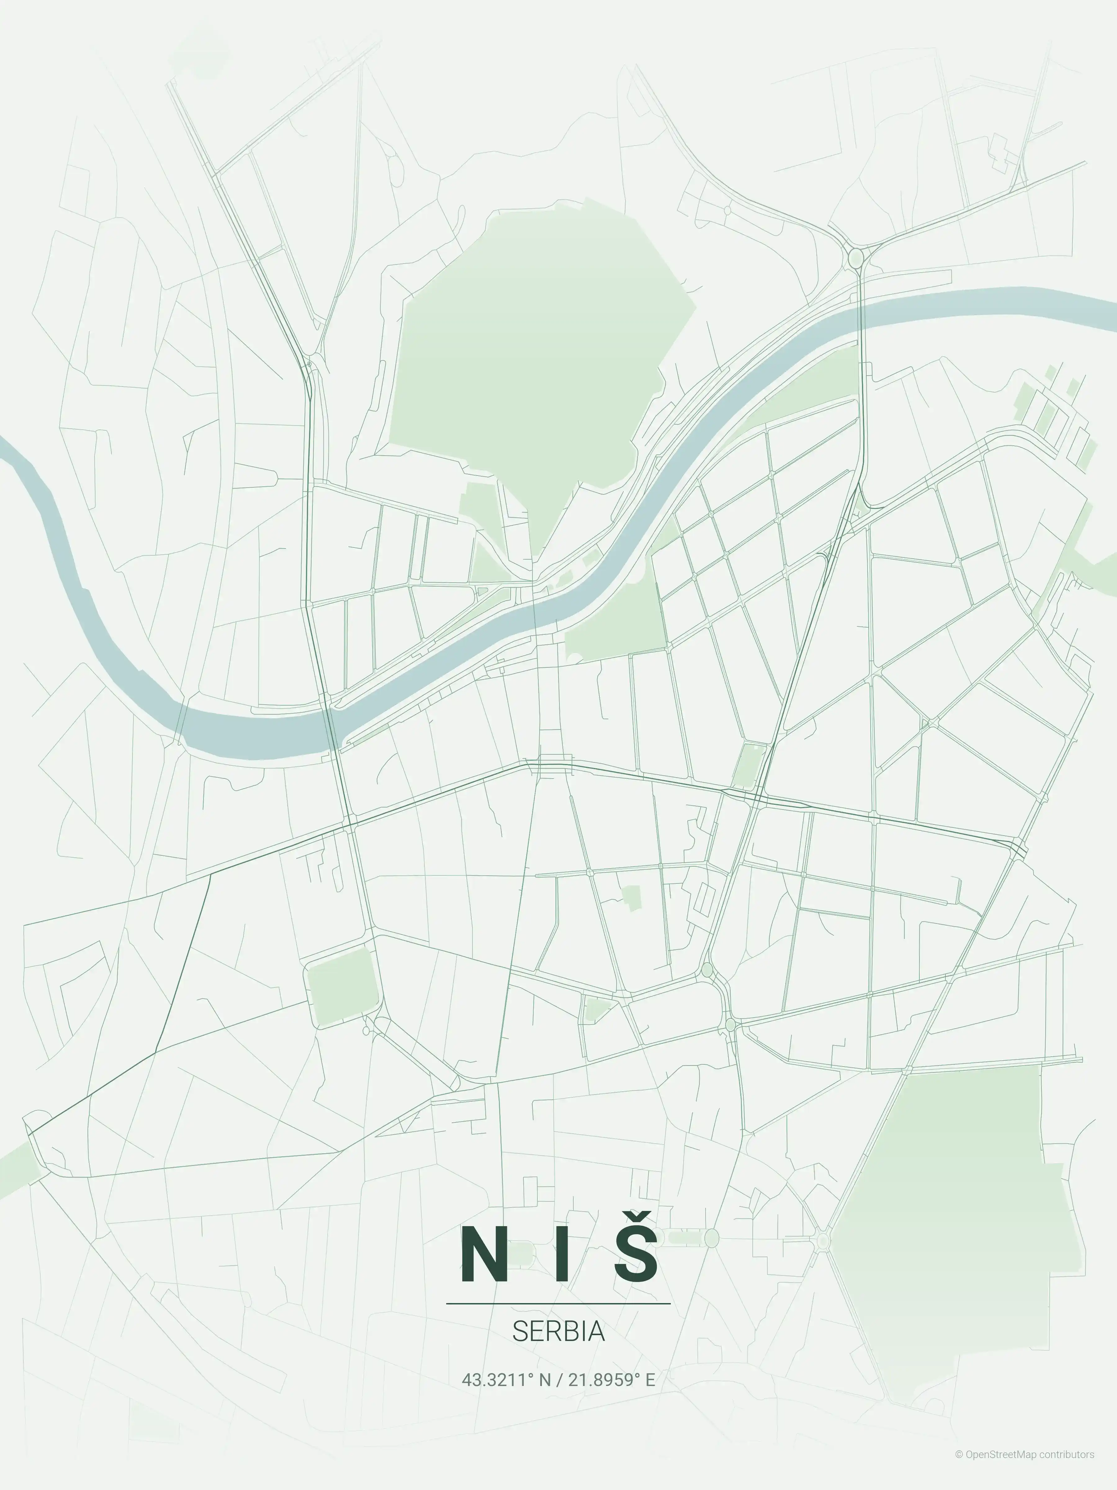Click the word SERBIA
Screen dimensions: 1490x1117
558,1331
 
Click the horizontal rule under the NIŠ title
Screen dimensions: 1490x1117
558,1303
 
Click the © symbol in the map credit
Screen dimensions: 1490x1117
959,1468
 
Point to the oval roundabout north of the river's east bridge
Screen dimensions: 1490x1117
856,258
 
